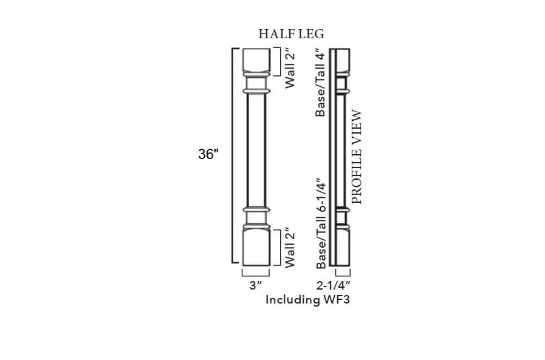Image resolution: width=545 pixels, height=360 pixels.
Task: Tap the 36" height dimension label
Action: (x=208, y=155)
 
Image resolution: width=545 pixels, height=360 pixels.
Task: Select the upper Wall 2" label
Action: (x=290, y=68)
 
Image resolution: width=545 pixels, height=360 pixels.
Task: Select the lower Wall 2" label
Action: (x=290, y=247)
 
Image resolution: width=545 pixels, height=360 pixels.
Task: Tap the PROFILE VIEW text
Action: (x=357, y=157)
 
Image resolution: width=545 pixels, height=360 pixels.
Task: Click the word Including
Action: (x=292, y=299)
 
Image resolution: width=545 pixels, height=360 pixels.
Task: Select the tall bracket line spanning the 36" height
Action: (x=233, y=155)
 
